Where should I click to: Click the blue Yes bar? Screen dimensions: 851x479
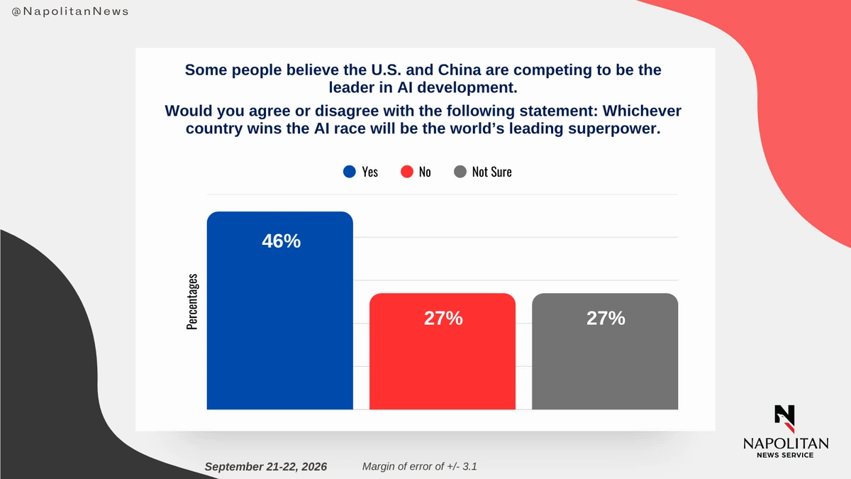tap(279, 311)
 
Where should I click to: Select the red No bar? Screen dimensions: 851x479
tap(443, 351)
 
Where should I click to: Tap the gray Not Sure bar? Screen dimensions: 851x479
tap(605, 351)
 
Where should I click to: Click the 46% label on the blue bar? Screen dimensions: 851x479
tap(281, 241)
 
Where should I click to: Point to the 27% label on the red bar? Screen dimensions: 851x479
tap(443, 318)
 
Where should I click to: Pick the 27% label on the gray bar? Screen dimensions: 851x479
tap(606, 318)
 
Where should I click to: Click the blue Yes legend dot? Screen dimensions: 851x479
tap(350, 172)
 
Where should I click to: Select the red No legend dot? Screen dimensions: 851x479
tap(407, 172)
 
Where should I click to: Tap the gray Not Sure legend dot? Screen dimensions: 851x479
tap(460, 172)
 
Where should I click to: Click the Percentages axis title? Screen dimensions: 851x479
tap(192, 302)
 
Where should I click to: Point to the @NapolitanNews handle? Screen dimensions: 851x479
tap(70, 12)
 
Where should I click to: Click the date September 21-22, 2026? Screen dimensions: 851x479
tap(265, 466)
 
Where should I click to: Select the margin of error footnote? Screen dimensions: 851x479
tap(419, 466)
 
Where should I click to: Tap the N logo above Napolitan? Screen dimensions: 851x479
tap(784, 419)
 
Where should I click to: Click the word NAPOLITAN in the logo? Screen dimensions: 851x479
tap(786, 444)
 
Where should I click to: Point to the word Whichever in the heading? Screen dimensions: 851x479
tap(642, 111)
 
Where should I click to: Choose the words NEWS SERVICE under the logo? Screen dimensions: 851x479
tap(785, 455)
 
